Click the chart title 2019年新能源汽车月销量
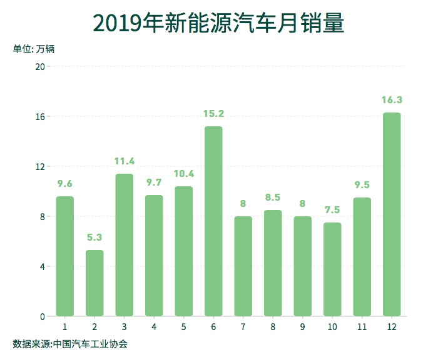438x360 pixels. pyautogui.click(x=219, y=24)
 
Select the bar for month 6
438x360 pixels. pyautogui.click(x=213, y=221)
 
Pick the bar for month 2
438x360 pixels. pyautogui.click(x=94, y=283)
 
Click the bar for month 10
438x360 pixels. pyautogui.click(x=332, y=269)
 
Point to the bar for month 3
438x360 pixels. pyautogui.click(x=125, y=245)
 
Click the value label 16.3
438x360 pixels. pyautogui.click(x=392, y=100)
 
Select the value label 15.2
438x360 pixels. pyautogui.click(x=213, y=114)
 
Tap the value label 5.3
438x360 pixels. pyautogui.click(x=94, y=237)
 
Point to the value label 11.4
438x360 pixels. pyautogui.click(x=125, y=161)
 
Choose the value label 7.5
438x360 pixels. pyautogui.click(x=332, y=210)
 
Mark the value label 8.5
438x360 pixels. pyautogui.click(x=273, y=197)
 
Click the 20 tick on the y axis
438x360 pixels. pyautogui.click(x=39, y=67)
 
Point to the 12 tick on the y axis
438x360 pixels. pyautogui.click(x=39, y=167)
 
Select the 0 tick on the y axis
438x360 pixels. pyautogui.click(x=42, y=317)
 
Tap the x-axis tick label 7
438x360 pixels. pyautogui.click(x=243, y=327)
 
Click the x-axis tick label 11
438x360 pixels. pyautogui.click(x=362, y=327)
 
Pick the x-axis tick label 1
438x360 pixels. pyautogui.click(x=65, y=327)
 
